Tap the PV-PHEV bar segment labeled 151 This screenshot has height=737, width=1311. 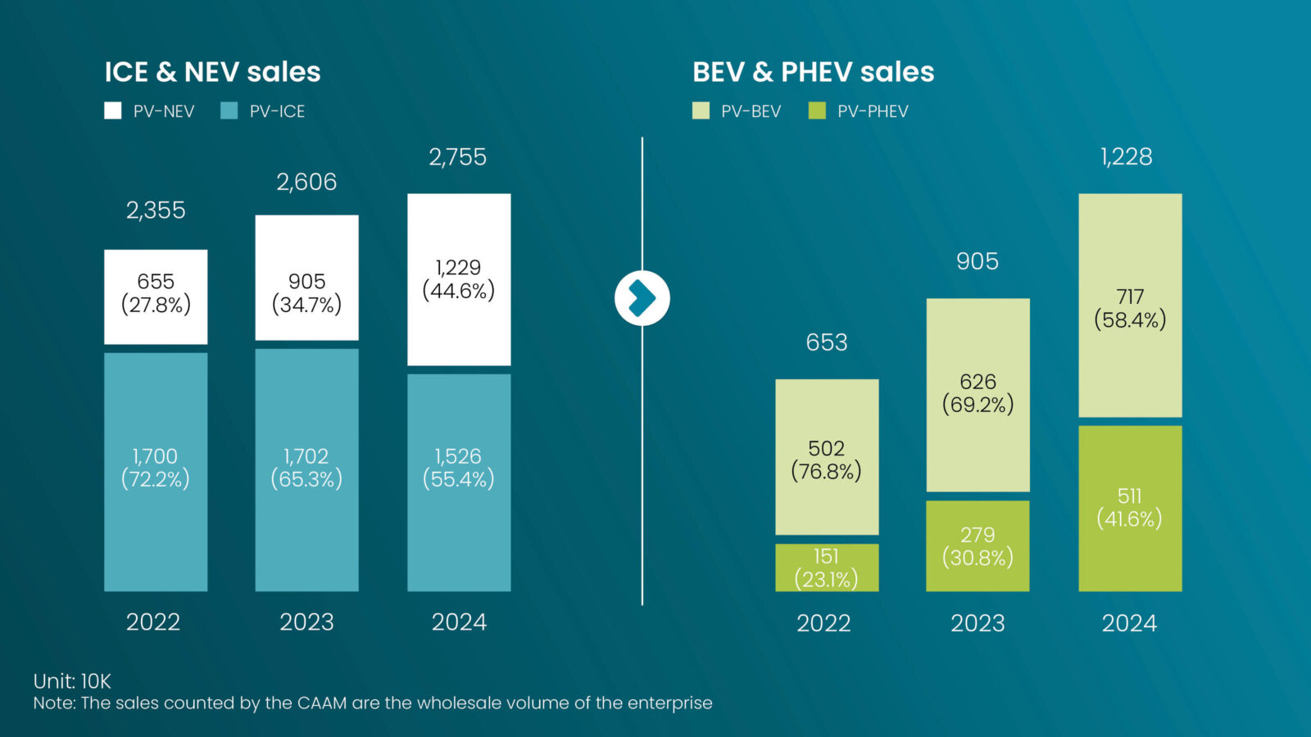pos(827,567)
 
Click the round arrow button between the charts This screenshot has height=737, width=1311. pos(642,298)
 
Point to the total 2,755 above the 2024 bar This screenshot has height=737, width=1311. pos(458,156)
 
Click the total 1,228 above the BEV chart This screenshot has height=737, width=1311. pos(1127,156)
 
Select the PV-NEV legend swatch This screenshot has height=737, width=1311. pos(113,111)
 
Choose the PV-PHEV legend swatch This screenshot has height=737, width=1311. pos(817,111)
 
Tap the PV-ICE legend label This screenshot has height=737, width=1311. pos(277,111)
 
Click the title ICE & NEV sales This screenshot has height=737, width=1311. pos(212,72)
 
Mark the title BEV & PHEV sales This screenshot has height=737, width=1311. pos(813,72)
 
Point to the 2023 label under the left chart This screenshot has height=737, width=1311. pos(306,622)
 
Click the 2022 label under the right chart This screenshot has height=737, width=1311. pos(823,623)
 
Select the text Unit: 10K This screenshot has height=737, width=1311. pos(72,680)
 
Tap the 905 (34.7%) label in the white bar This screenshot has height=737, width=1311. pos(306,293)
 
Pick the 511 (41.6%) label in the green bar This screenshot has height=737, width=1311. pos(1129,507)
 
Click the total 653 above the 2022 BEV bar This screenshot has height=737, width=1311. pos(827,342)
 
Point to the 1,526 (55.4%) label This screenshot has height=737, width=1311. pos(458,468)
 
